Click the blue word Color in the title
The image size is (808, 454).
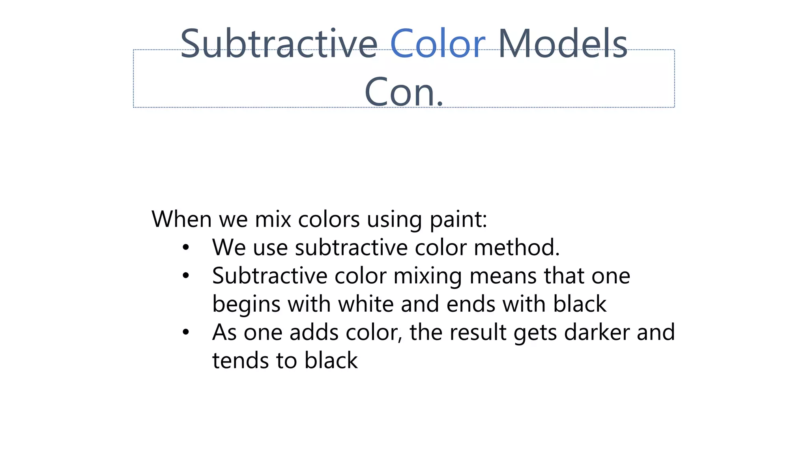(x=437, y=44)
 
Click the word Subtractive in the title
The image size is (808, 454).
(x=279, y=44)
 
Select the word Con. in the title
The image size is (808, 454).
(x=404, y=92)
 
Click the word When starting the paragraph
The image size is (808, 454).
(x=181, y=219)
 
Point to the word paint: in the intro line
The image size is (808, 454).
(x=458, y=220)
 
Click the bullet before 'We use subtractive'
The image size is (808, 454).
(x=186, y=248)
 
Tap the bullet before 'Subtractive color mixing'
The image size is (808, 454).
(x=186, y=276)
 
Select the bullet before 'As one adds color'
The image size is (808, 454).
(x=186, y=333)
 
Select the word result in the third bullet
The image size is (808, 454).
(x=477, y=333)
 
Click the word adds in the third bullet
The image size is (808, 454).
(x=314, y=333)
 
